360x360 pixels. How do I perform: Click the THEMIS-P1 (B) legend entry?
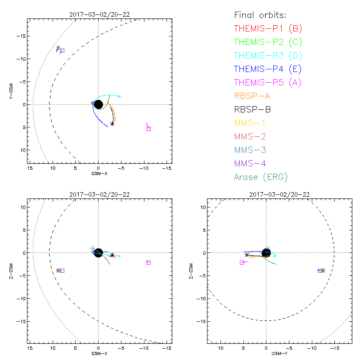click(268, 29)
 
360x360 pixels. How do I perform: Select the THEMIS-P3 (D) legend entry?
click(268, 56)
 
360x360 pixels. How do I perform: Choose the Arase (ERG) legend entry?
click(261, 177)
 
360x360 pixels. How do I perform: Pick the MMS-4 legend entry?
click(254, 163)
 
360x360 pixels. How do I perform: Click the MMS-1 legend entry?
click(254, 123)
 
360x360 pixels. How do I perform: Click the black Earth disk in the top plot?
click(98, 104)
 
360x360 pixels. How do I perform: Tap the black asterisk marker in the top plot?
click(112, 124)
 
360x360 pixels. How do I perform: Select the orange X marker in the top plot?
click(115, 119)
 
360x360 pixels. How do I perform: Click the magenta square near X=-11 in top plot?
click(149, 129)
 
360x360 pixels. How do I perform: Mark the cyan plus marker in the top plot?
click(119, 96)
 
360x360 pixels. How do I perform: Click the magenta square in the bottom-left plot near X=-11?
click(148, 262)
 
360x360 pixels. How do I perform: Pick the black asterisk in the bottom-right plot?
click(247, 255)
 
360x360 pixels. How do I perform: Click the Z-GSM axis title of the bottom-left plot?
click(13, 272)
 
